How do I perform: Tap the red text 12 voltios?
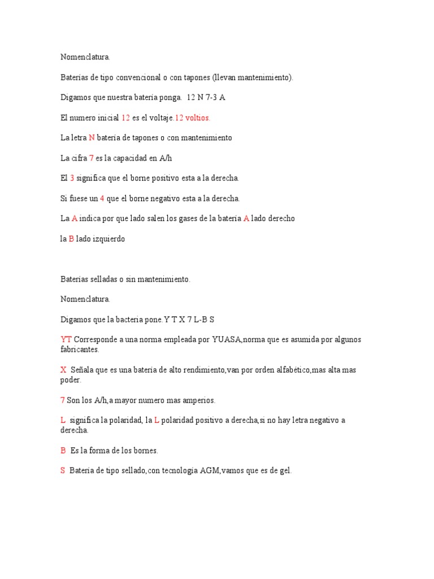point(193,118)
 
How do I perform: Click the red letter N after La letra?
point(92,138)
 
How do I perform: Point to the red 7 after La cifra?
point(91,158)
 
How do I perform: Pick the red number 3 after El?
point(72,178)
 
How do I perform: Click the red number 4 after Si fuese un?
point(102,198)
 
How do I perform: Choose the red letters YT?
point(66,340)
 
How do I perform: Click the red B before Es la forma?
point(63,451)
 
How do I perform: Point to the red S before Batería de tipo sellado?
point(63,470)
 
